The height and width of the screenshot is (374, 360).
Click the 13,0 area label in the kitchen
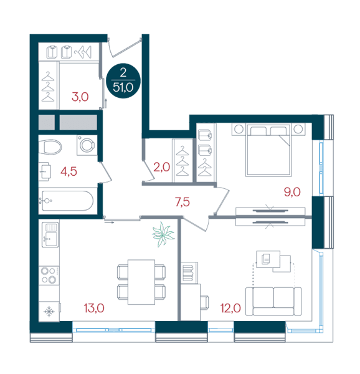(94, 308)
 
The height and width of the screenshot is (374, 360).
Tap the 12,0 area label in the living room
(230, 308)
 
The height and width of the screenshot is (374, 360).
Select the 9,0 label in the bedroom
(292, 192)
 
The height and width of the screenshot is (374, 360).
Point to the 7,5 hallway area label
(182, 202)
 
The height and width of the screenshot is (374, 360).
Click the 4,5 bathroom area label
(69, 171)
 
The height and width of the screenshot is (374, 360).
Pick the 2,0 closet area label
(161, 167)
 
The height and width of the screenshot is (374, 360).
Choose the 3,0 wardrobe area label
(80, 97)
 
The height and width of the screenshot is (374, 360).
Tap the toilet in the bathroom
(50, 147)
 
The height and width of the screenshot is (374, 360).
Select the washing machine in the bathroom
(87, 145)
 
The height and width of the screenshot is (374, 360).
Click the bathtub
(67, 201)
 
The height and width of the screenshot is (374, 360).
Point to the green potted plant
(163, 234)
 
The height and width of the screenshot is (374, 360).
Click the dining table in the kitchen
(141, 282)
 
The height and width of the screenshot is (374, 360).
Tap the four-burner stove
(49, 275)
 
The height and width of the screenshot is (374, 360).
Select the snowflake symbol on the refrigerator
(49, 312)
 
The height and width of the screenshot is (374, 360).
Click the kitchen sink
(50, 235)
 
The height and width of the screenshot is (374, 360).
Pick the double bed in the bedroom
(268, 150)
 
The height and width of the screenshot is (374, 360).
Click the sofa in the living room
(273, 302)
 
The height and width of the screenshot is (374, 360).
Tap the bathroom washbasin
(45, 171)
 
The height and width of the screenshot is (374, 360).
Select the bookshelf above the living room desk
(189, 273)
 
